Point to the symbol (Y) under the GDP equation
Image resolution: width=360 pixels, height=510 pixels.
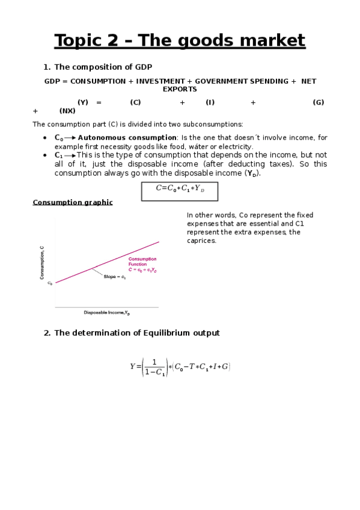(x=82, y=102)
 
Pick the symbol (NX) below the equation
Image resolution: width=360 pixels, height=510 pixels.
(x=67, y=111)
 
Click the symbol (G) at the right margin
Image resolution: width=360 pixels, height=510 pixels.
(x=319, y=102)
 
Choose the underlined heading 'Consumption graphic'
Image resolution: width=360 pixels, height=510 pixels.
(x=72, y=203)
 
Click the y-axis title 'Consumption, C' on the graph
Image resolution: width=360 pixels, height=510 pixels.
(x=42, y=263)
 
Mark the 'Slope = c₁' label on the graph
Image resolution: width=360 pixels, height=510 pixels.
(x=114, y=277)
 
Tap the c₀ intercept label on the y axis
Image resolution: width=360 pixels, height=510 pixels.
(x=50, y=283)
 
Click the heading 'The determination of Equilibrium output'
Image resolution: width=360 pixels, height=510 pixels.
(x=136, y=333)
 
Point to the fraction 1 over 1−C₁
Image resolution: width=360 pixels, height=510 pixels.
(x=154, y=367)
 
